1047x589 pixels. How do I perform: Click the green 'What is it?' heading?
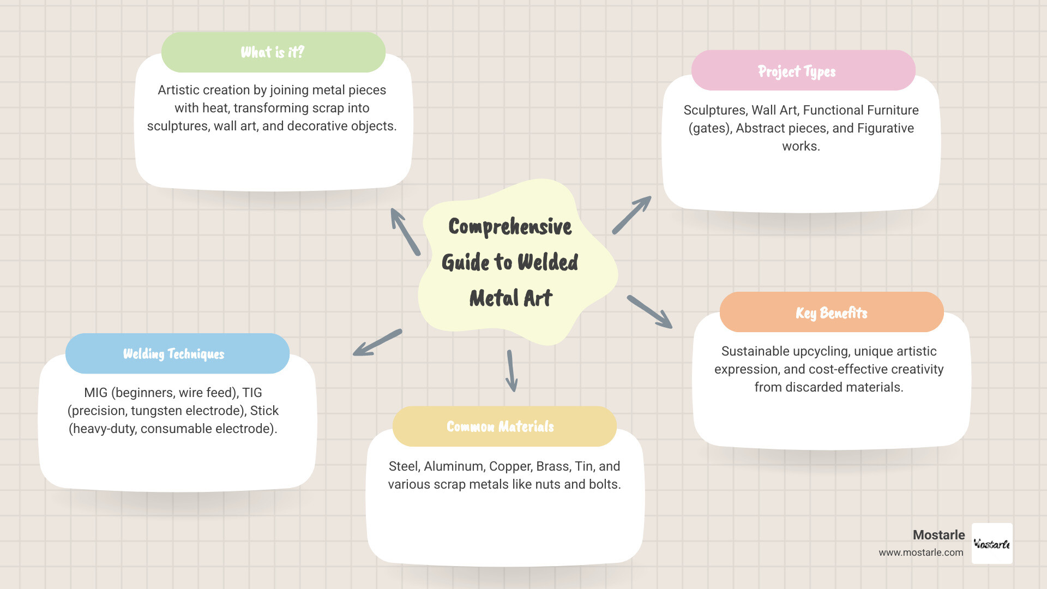pos(273,52)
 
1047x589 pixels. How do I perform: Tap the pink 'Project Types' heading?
pos(797,71)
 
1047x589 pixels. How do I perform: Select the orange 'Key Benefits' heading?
pos(832,313)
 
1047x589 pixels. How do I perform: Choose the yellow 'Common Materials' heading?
pos(500,426)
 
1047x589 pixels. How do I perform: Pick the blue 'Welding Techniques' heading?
pos(173,354)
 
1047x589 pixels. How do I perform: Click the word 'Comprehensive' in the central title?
pos(510,227)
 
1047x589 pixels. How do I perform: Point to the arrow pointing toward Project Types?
pos(632,215)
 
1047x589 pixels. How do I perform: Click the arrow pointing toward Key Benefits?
pos(650,312)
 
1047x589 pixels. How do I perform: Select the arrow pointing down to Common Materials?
pos(512,371)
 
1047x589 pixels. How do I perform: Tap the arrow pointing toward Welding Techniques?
pos(377,342)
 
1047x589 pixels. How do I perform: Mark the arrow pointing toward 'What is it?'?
pos(405,232)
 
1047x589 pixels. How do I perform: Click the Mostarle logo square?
pos(992,544)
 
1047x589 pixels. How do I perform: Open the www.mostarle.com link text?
pos(921,552)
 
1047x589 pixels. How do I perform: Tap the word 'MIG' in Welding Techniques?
pos(96,393)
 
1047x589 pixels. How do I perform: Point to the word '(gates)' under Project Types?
pos(710,129)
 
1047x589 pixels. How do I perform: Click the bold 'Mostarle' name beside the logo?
pos(939,535)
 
